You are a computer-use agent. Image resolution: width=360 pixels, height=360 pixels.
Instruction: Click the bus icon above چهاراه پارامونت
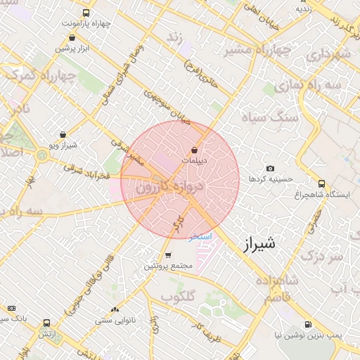(86, 13)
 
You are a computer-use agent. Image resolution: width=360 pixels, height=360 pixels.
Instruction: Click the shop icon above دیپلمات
(195, 150)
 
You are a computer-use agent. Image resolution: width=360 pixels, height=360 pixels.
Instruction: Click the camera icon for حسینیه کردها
(270, 168)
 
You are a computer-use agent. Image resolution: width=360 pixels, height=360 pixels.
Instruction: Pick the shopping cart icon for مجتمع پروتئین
(168, 255)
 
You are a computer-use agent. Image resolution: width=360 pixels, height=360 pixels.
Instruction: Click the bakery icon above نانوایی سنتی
(115, 309)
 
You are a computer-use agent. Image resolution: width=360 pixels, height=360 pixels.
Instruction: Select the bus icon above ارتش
(46, 323)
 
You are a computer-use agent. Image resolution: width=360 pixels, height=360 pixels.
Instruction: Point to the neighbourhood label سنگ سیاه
(261, 116)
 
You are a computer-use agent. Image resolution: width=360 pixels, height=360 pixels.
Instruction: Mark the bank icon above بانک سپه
(11, 308)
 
